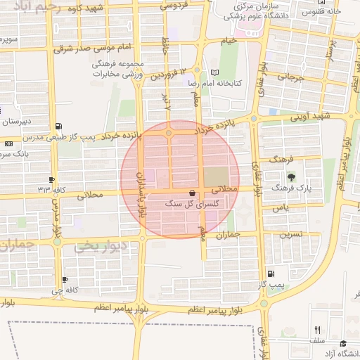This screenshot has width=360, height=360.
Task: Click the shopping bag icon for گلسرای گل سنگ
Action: (x=193, y=193)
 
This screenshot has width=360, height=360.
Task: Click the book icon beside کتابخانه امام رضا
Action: (x=215, y=72)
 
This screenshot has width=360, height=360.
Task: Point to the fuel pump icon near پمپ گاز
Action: (x=271, y=274)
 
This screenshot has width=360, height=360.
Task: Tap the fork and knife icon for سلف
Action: (x=317, y=330)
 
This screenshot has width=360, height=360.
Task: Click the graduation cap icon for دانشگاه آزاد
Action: (x=343, y=343)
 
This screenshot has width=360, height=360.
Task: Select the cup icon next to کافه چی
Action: (x=65, y=279)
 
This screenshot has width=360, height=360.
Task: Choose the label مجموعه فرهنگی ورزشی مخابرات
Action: (x=119, y=69)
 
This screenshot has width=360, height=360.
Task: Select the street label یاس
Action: (x=281, y=209)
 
